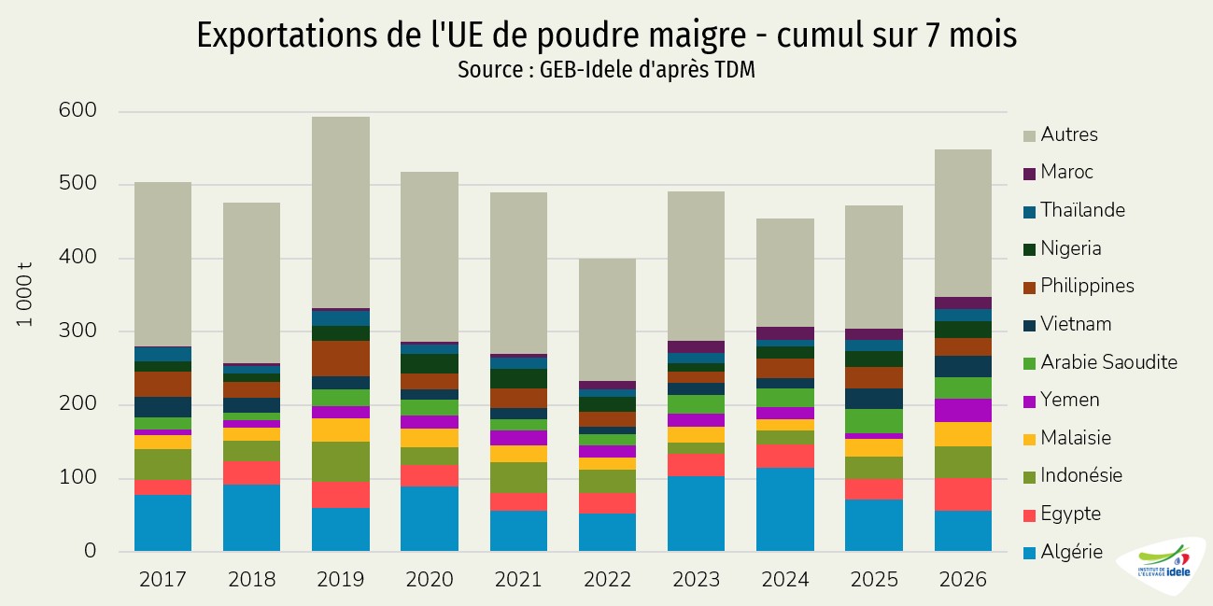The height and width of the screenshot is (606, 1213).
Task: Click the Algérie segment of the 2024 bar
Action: [x=785, y=509]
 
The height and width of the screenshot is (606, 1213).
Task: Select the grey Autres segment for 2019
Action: [x=341, y=212]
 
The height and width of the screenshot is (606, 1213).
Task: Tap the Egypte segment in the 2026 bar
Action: [x=963, y=494]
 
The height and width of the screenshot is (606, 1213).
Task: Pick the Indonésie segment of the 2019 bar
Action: [x=341, y=461]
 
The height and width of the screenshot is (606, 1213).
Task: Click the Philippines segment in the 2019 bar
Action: [x=341, y=358]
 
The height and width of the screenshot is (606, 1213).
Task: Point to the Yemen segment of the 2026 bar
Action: [x=963, y=410]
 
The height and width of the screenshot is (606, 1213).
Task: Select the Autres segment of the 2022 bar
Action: [x=607, y=319]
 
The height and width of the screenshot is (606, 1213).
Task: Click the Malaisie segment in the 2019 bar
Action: [x=341, y=430]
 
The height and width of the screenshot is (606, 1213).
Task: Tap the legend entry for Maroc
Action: [x=1058, y=172]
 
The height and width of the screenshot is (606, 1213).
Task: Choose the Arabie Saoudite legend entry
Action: [x=1100, y=362]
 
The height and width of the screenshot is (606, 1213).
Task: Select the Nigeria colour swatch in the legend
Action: [x=1029, y=249]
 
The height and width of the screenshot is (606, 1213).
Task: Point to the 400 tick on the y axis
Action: [x=78, y=257]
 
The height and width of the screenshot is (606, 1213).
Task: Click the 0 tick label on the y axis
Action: [x=90, y=551]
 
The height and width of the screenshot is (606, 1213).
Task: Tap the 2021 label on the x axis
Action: [x=518, y=580]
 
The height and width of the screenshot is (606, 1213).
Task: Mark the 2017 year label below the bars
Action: [x=162, y=580]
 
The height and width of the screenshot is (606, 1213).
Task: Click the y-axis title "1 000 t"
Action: [x=24, y=295]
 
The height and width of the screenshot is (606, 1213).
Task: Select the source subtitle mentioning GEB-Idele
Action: [x=607, y=70]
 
